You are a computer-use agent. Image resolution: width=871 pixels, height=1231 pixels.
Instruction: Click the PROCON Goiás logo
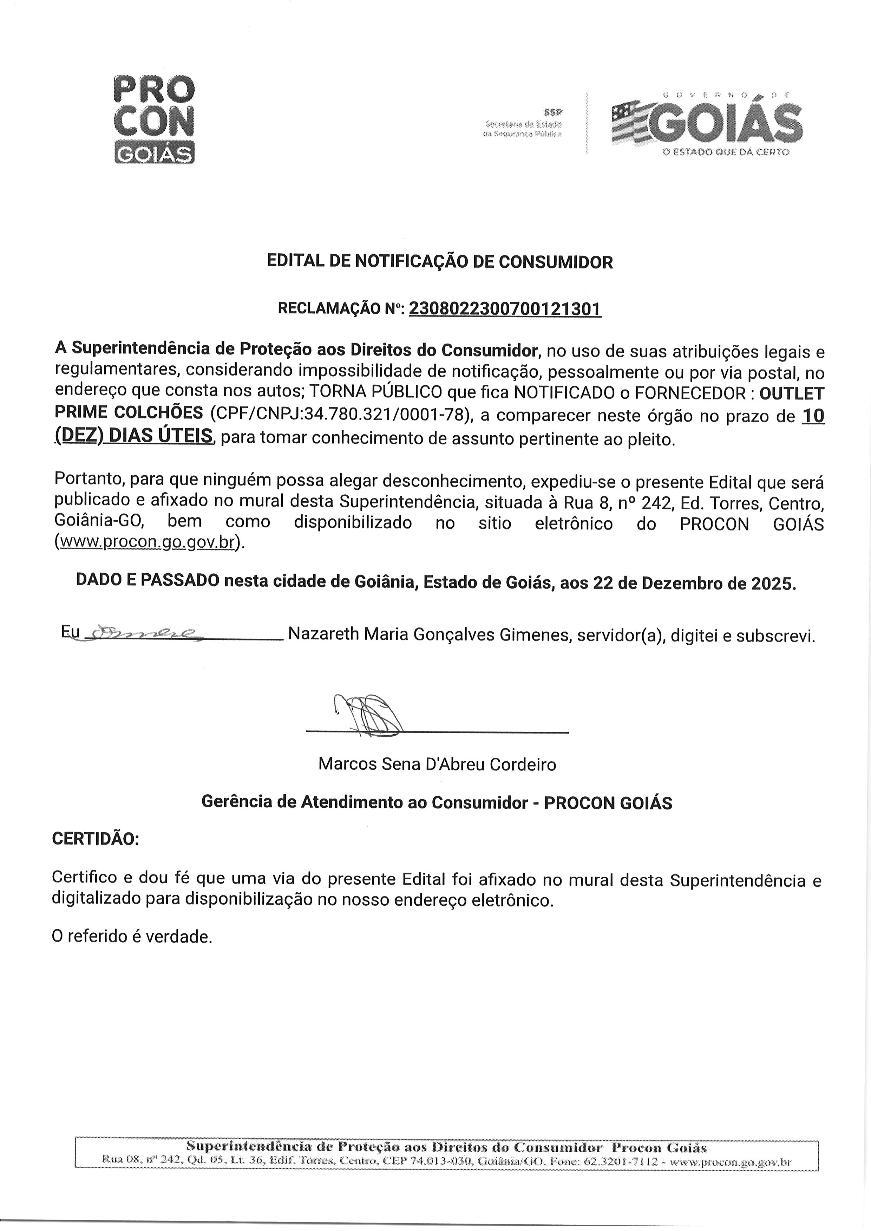(x=155, y=119)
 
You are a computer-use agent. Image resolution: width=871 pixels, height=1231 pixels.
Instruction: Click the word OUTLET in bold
(x=792, y=394)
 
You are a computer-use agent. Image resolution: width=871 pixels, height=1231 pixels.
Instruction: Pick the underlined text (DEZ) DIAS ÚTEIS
(x=134, y=437)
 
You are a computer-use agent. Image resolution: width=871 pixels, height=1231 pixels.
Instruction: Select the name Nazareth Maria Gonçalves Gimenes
(x=430, y=635)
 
